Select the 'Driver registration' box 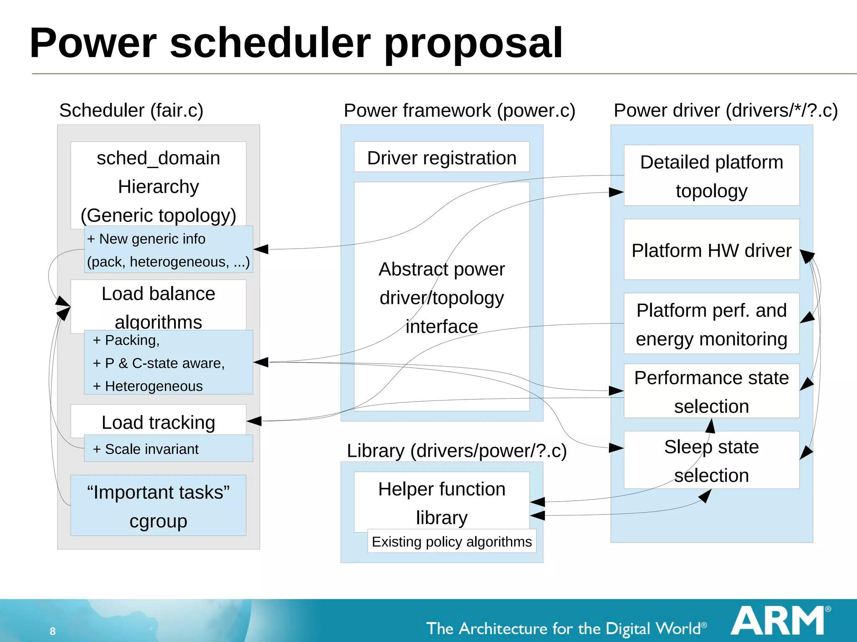coord(441,158)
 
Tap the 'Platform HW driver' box coord(711,250)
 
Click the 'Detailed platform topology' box coord(711,176)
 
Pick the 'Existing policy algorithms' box coord(452,541)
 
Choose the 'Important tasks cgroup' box coord(158,506)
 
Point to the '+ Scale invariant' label coord(146,449)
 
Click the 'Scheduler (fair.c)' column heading coord(131,110)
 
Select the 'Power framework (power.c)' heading coord(459,110)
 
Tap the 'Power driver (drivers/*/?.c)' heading coord(726,110)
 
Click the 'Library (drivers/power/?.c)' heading coord(457,451)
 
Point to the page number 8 coord(53,631)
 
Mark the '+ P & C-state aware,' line coord(159,363)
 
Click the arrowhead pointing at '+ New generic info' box coord(261,249)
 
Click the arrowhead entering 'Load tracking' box coord(254,421)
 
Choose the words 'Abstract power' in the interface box coord(441,269)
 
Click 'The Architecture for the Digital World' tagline coord(566,628)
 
